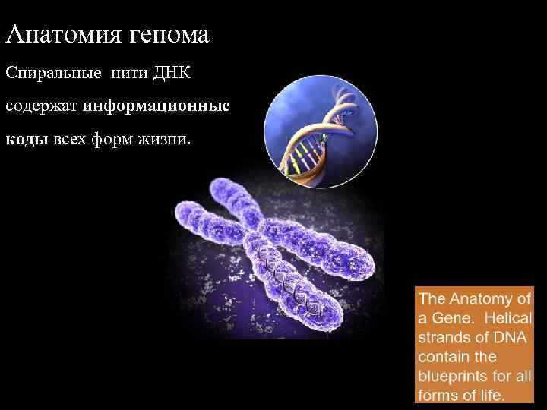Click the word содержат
point(43,106)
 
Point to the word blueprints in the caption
point(456,376)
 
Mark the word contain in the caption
point(444,356)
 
